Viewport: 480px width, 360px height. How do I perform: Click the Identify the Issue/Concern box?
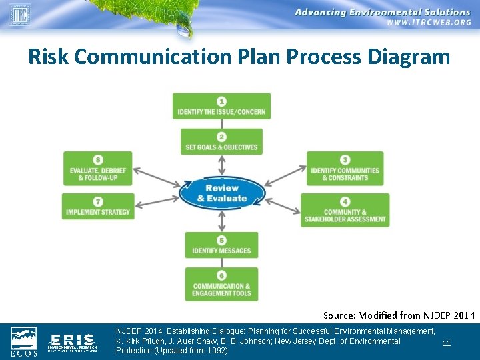point(221,107)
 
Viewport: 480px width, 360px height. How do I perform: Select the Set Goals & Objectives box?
point(221,141)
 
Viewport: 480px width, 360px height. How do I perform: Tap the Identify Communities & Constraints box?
point(345,169)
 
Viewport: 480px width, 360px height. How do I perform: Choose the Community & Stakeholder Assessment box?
point(345,210)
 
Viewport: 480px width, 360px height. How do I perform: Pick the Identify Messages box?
point(221,245)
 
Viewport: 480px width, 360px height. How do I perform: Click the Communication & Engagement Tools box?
point(221,285)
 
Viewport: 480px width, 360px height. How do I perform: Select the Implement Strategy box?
point(98,206)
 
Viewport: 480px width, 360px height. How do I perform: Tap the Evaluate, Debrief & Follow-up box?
point(98,169)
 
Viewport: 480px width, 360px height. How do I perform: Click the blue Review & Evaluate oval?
point(222,193)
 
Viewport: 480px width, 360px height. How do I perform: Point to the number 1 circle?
point(221,101)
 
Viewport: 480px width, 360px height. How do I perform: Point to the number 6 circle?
point(221,275)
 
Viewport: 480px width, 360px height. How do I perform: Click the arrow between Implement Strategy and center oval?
point(157,201)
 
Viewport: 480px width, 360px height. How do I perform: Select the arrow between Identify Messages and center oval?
point(222,219)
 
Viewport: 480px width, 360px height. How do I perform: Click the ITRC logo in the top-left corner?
point(19,14)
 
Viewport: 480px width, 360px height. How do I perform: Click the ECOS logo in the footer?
point(25,341)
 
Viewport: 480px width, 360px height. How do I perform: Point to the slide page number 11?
point(447,343)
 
